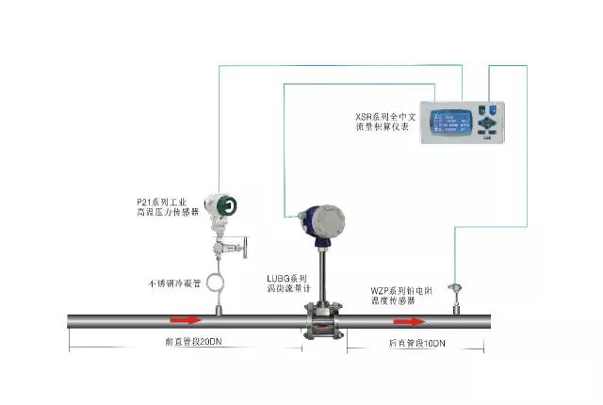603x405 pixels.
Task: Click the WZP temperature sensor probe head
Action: click(x=456, y=286)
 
